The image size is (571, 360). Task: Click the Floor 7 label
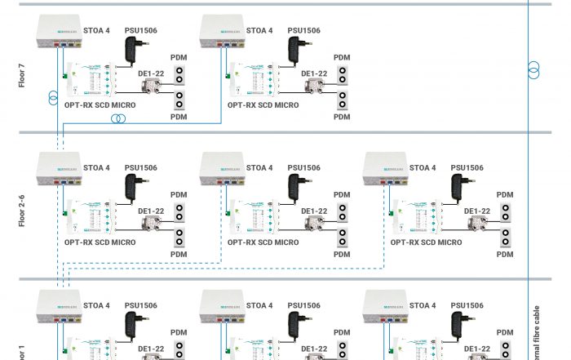pos(23,73)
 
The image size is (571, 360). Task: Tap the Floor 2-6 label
pos(23,210)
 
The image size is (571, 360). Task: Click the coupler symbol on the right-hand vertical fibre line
pos(533,70)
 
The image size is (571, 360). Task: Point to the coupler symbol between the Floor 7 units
pos(119,118)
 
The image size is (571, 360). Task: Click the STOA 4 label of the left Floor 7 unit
pos(96,31)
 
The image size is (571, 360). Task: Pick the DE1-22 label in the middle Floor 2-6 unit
pos(314,211)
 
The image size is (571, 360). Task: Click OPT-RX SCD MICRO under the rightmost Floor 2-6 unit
pos(426,242)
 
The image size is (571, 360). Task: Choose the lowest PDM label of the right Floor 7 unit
pos(342,117)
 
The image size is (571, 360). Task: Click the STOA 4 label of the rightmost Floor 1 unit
pos(423,305)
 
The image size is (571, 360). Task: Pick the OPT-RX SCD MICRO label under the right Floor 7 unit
pos(263,105)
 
